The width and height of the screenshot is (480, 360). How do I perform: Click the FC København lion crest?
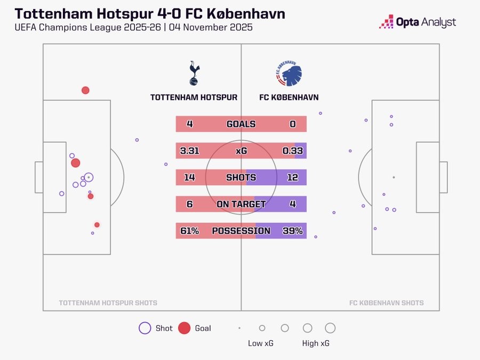pos(289,74)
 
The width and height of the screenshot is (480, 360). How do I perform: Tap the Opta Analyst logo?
pos(417,22)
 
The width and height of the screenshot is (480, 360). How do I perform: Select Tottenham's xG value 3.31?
pos(189,151)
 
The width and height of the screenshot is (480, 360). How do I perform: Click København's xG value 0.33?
pos(292,151)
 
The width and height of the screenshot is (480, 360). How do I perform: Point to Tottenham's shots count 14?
pos(189,178)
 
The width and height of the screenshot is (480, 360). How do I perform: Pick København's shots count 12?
pos(292,178)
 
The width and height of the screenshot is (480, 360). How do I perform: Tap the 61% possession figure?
pos(189,231)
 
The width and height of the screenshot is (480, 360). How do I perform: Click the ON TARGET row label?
pos(241,204)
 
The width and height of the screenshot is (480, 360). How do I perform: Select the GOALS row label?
pos(241,124)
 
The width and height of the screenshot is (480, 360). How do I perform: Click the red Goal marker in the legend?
pos(184,328)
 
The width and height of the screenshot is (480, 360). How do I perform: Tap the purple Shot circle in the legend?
pos(145,328)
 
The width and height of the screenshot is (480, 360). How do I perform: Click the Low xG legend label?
pos(261,343)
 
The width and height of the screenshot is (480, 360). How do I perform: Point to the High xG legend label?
pos(316,343)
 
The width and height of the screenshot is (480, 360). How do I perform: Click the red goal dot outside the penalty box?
pos(85,90)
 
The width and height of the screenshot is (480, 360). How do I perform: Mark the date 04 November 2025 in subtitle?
pos(211,27)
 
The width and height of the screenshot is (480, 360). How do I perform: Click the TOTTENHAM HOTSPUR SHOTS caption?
pos(108,303)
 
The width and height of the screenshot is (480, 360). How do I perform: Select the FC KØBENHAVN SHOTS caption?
pos(386,303)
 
